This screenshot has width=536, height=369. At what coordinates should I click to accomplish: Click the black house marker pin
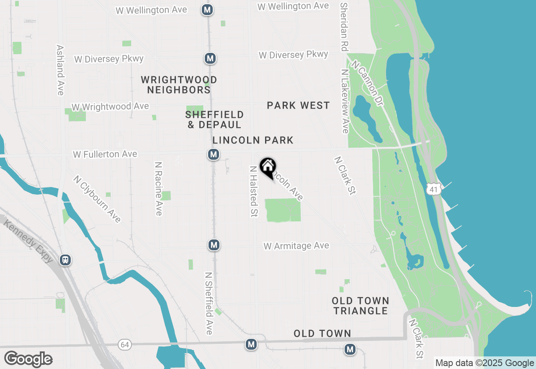tap(268, 168)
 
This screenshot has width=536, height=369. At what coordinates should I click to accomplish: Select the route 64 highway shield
tap(124, 345)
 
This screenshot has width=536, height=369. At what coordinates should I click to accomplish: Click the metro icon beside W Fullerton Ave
tap(214, 154)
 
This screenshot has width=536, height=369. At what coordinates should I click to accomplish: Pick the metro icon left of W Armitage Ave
tap(214, 244)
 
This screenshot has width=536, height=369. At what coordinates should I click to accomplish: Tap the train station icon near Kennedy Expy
tap(65, 260)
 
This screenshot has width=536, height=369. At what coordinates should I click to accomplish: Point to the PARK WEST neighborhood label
tap(298, 106)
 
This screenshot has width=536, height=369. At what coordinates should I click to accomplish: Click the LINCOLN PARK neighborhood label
tap(253, 140)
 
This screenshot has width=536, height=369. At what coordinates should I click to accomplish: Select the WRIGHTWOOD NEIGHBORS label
tap(179, 85)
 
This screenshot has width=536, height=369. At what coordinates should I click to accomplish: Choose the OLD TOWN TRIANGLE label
tap(361, 306)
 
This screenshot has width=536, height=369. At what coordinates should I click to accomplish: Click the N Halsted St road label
tap(253, 192)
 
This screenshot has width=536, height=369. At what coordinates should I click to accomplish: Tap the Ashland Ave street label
tap(60, 70)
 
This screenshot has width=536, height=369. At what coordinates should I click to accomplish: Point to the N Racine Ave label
tap(158, 189)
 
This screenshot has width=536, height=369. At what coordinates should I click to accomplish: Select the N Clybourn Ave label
tap(97, 199)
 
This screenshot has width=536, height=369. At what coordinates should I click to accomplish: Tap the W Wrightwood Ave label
tap(110, 107)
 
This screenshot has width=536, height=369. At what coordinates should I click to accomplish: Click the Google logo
tap(28, 359)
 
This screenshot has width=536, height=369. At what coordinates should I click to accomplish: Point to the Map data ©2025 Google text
tap(484, 363)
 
